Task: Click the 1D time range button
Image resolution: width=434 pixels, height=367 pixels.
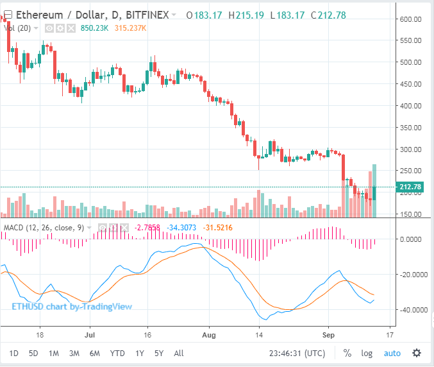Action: click(x=13, y=352)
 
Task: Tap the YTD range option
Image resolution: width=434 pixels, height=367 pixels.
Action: click(x=117, y=352)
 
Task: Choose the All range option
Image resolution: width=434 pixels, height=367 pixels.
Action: click(x=179, y=352)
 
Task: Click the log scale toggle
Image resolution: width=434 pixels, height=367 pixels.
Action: click(x=367, y=352)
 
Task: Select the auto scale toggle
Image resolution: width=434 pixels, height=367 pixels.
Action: click(x=392, y=352)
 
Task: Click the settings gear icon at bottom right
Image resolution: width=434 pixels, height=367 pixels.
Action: click(x=417, y=352)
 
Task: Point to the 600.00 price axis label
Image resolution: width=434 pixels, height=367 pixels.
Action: click(x=410, y=19)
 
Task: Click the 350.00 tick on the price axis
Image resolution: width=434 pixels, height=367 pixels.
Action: click(x=410, y=127)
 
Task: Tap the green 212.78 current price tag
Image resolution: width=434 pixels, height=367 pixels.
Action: click(x=410, y=187)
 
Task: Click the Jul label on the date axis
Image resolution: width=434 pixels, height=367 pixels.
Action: click(x=90, y=334)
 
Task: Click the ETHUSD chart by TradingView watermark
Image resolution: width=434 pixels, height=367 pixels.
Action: click(x=72, y=306)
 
